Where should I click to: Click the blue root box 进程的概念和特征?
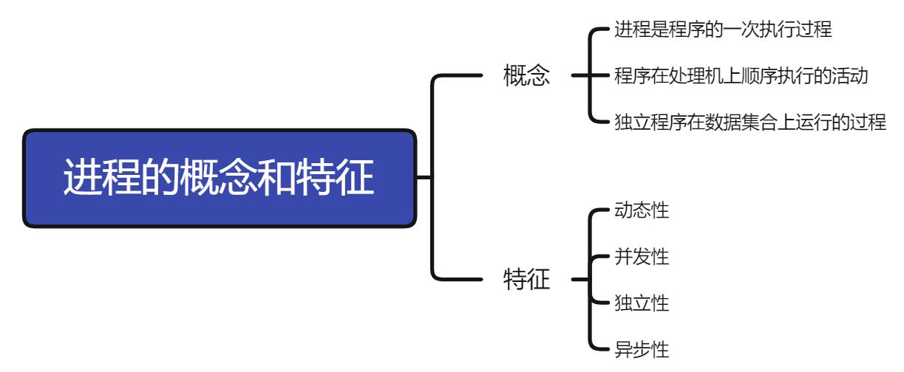click(219, 178)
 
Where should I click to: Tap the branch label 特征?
click(526, 280)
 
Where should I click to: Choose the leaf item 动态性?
click(642, 211)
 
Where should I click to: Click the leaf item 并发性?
click(642, 257)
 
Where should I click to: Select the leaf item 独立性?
click(642, 303)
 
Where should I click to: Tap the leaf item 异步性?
click(642, 348)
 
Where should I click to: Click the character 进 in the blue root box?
click(83, 179)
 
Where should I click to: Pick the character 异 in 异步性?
click(623, 348)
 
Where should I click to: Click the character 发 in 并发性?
click(642, 257)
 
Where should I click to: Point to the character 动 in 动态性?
click(623, 211)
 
